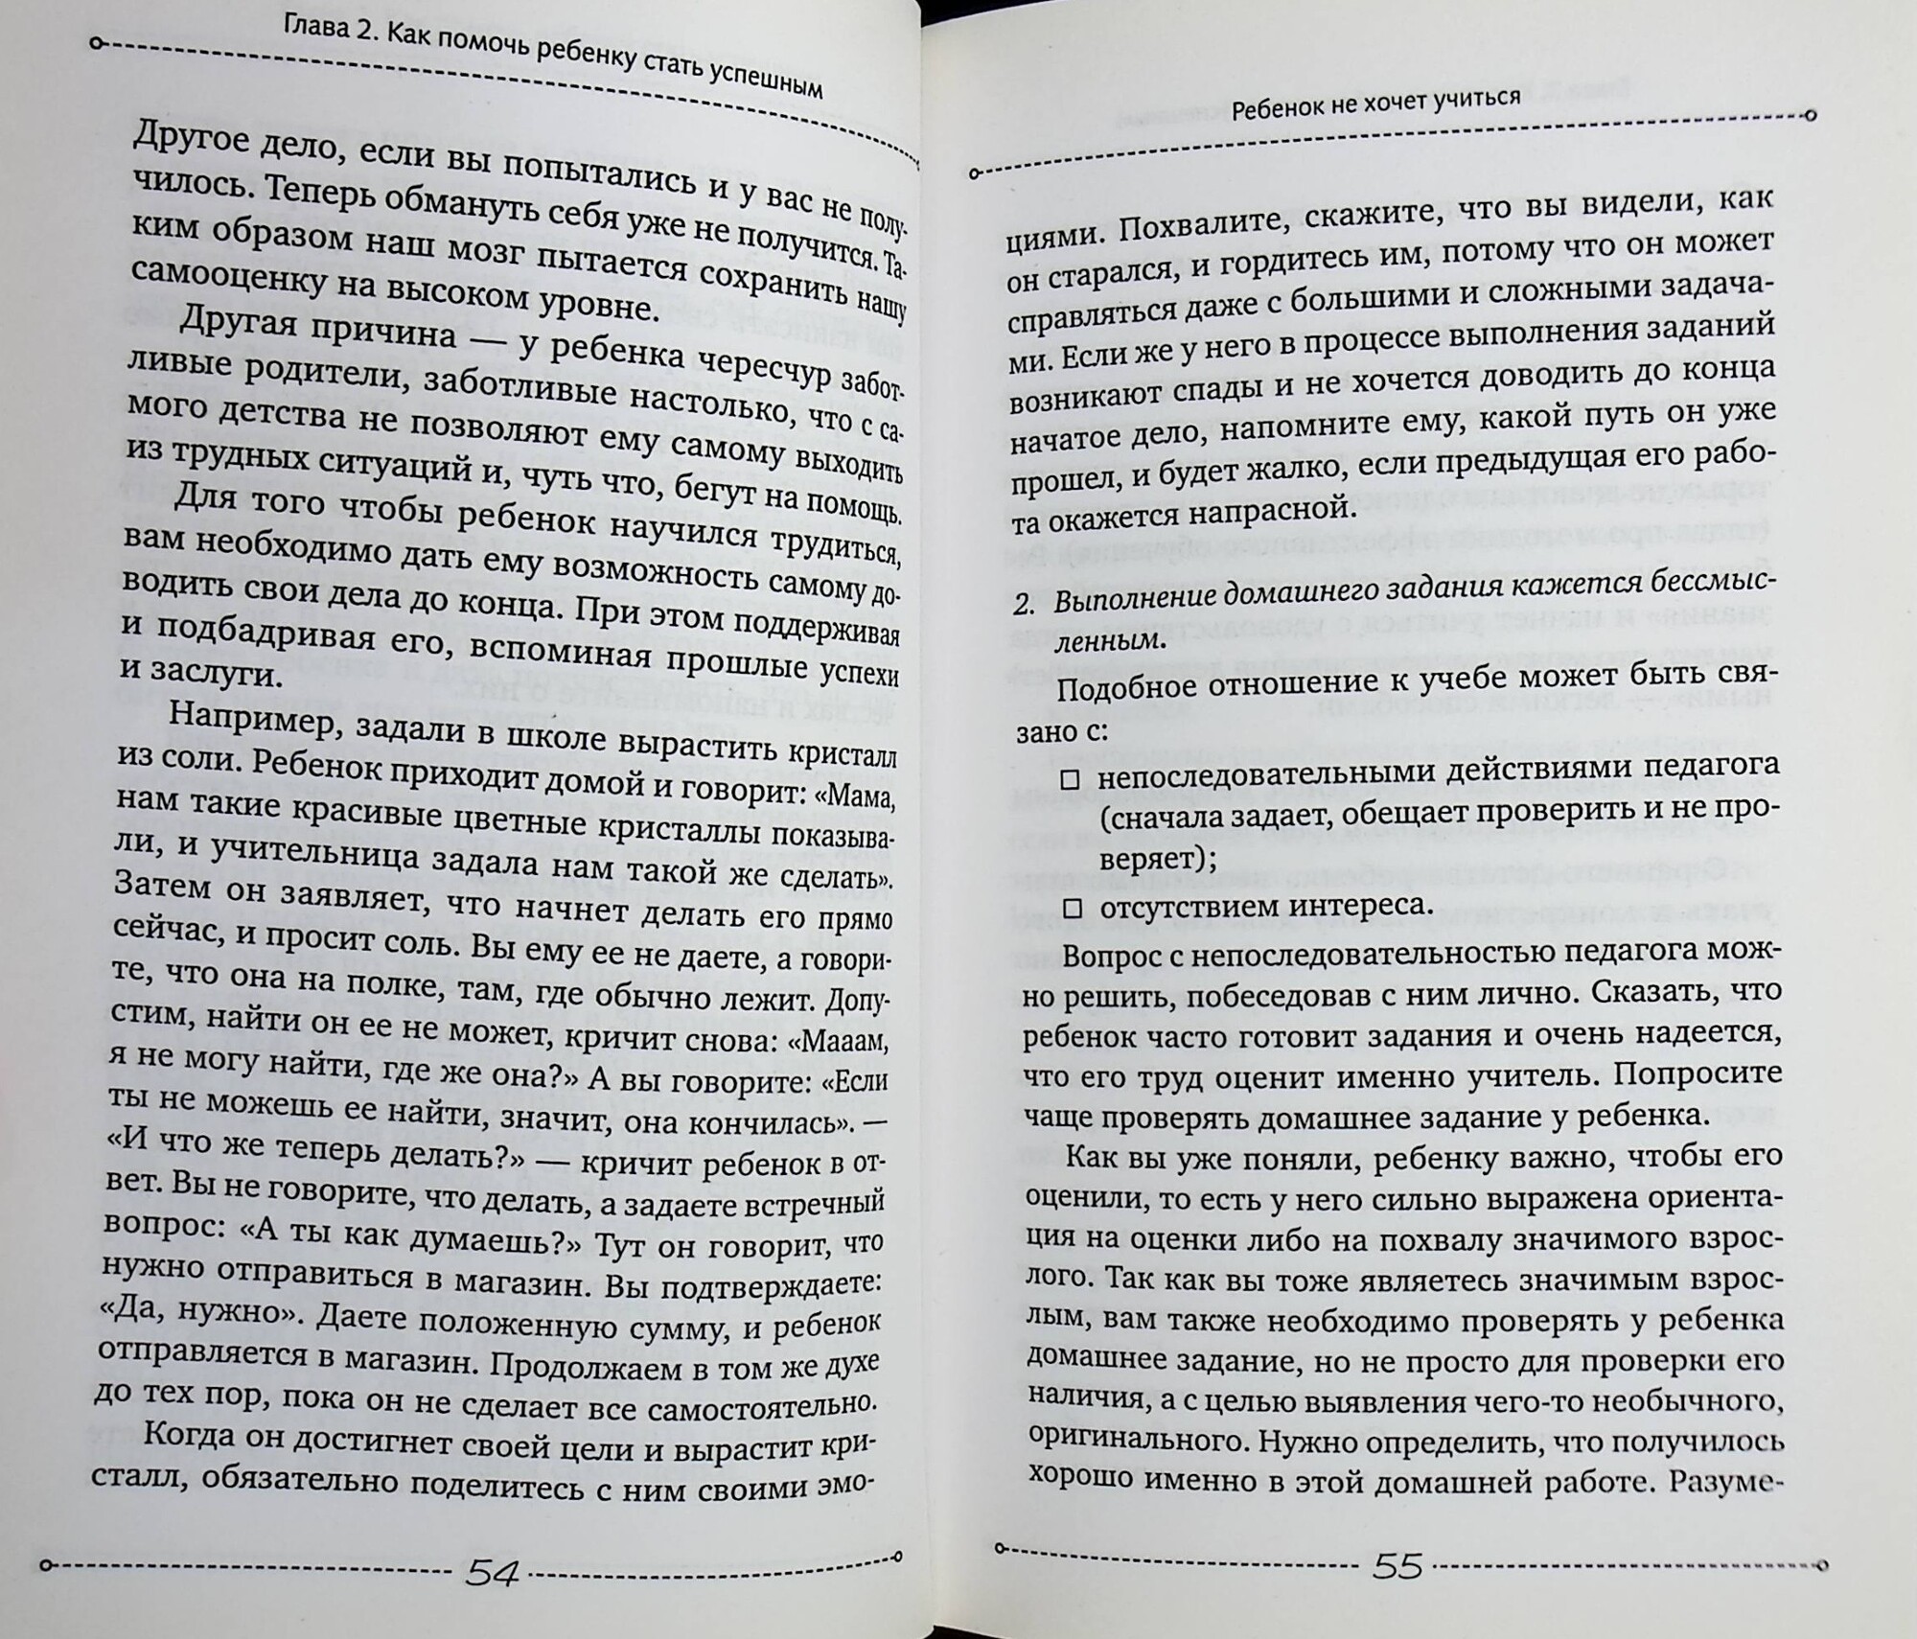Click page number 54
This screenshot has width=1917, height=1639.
pyautogui.click(x=492, y=1575)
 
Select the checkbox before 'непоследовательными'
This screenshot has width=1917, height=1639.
pyautogui.click(x=1071, y=780)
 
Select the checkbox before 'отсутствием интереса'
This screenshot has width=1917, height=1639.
pyautogui.click(x=1073, y=908)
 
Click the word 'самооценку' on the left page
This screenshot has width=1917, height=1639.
pyautogui.click(x=214, y=273)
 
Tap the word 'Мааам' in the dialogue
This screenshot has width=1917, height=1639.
pyautogui.click(x=849, y=1039)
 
